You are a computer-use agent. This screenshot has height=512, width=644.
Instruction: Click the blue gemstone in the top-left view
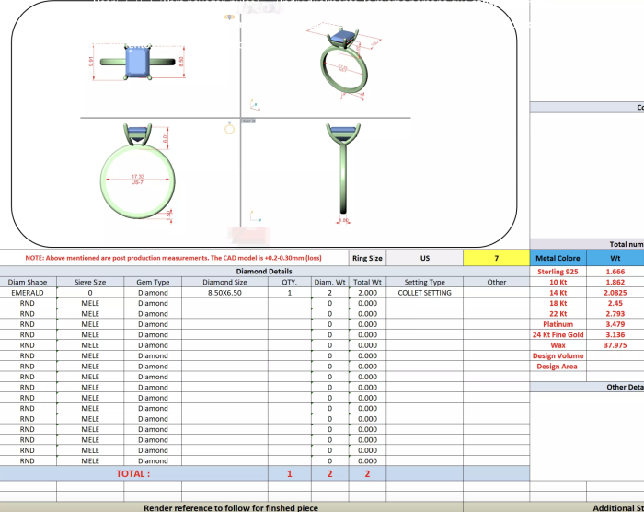(138, 62)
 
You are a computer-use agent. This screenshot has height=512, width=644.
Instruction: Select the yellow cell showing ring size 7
(496, 258)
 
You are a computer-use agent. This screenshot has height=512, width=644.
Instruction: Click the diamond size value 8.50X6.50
(224, 293)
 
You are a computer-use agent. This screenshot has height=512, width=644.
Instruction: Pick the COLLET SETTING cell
(424, 293)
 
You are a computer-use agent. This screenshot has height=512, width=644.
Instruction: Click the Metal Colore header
(558, 258)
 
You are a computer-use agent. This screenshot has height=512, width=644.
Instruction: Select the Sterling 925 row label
(558, 273)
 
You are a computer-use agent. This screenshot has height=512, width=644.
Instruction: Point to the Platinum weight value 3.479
(615, 324)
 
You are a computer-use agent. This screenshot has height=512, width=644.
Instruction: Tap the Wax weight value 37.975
(615, 345)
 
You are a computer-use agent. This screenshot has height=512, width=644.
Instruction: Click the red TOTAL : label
(132, 473)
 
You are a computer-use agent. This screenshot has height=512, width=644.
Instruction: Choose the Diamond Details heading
(264, 272)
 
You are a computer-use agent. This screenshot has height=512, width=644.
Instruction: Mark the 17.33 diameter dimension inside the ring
(138, 177)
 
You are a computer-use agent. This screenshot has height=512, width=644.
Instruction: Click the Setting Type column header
(424, 283)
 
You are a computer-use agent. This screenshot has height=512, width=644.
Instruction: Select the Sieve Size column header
(90, 283)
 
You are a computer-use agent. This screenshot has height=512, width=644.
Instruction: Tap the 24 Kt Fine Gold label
(558, 335)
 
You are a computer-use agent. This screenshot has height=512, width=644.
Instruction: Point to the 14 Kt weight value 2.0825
(615, 293)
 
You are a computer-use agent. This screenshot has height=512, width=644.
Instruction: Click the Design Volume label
(558, 355)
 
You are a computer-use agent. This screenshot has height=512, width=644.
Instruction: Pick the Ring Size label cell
(368, 258)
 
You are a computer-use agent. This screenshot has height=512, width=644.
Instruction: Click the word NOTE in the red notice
(34, 258)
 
